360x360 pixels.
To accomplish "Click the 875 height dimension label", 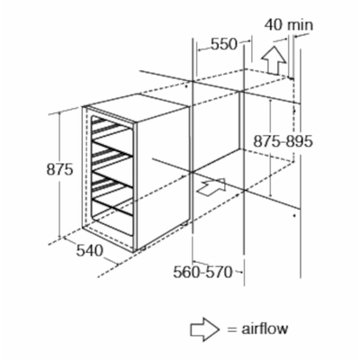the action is pyautogui.click(x=59, y=170).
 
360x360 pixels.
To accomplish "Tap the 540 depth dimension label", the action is pyautogui.click(x=89, y=250).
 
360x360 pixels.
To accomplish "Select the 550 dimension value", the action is pyautogui.click(x=224, y=44).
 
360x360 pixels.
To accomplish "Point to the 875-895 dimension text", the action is pyautogui.click(x=283, y=141).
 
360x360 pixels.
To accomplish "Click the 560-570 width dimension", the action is pyautogui.click(x=202, y=272).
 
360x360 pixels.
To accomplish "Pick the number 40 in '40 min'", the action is pyautogui.click(x=274, y=25).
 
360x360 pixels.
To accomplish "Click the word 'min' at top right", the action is pyautogui.click(x=300, y=25).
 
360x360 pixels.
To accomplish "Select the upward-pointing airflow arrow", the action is pyautogui.click(x=274, y=60).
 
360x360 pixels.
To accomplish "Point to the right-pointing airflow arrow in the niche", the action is pyautogui.click(x=212, y=187).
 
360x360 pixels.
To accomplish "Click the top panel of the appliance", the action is pyautogui.click(x=137, y=108).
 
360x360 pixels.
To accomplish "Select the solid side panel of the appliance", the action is pyautogui.click(x=163, y=177).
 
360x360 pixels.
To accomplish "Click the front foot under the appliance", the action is pyautogui.click(x=141, y=249).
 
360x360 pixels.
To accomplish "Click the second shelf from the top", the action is pyautogui.click(x=112, y=152).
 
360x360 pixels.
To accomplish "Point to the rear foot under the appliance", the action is pyautogui.click(x=184, y=224).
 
